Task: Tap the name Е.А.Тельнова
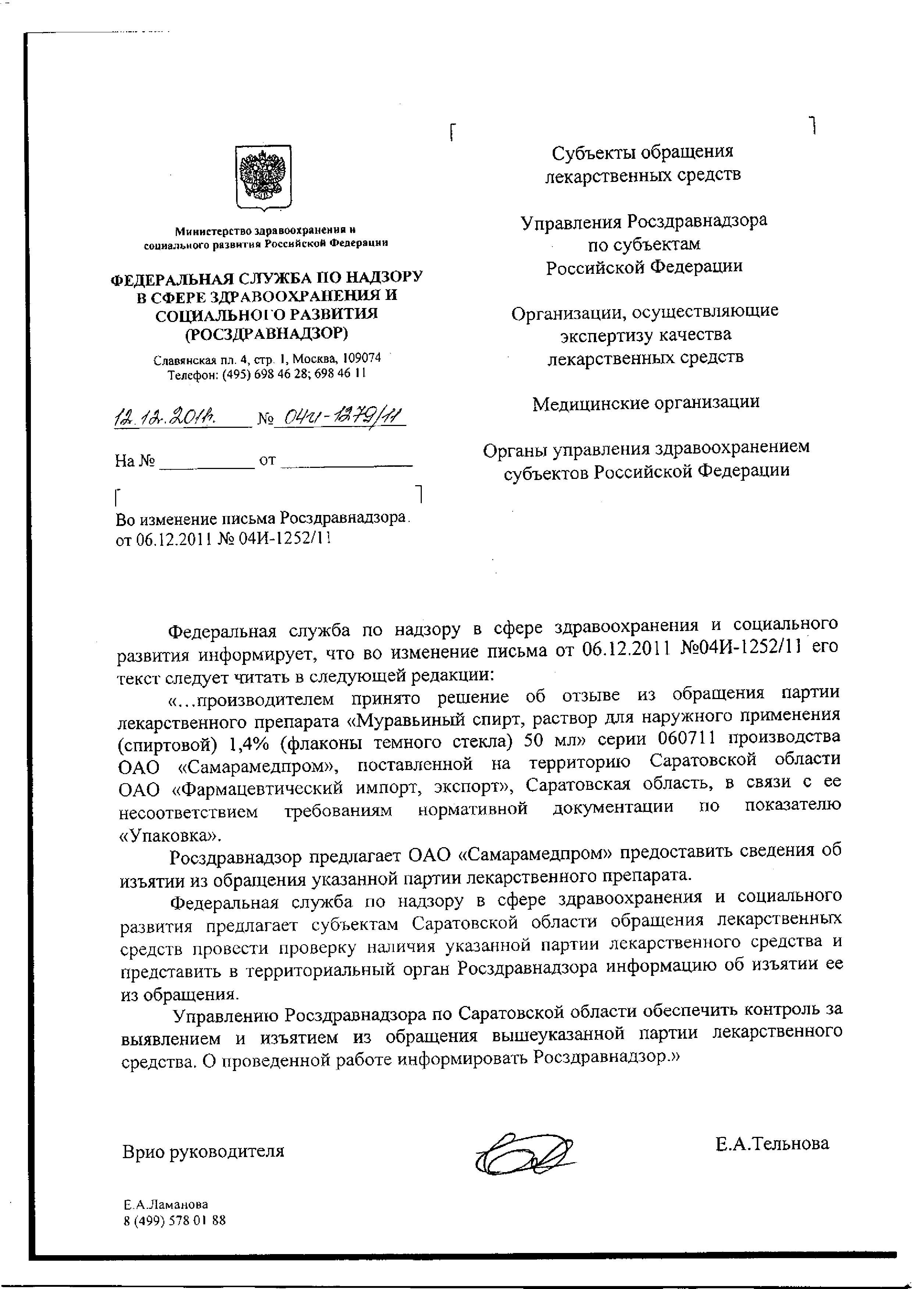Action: pyautogui.click(x=772, y=1143)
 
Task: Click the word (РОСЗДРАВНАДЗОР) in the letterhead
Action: pyautogui.click(x=266, y=333)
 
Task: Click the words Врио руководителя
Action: pyautogui.click(x=203, y=1151)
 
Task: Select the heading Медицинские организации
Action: pyautogui.click(x=646, y=402)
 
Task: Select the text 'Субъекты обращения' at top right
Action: pyautogui.click(x=642, y=151)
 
